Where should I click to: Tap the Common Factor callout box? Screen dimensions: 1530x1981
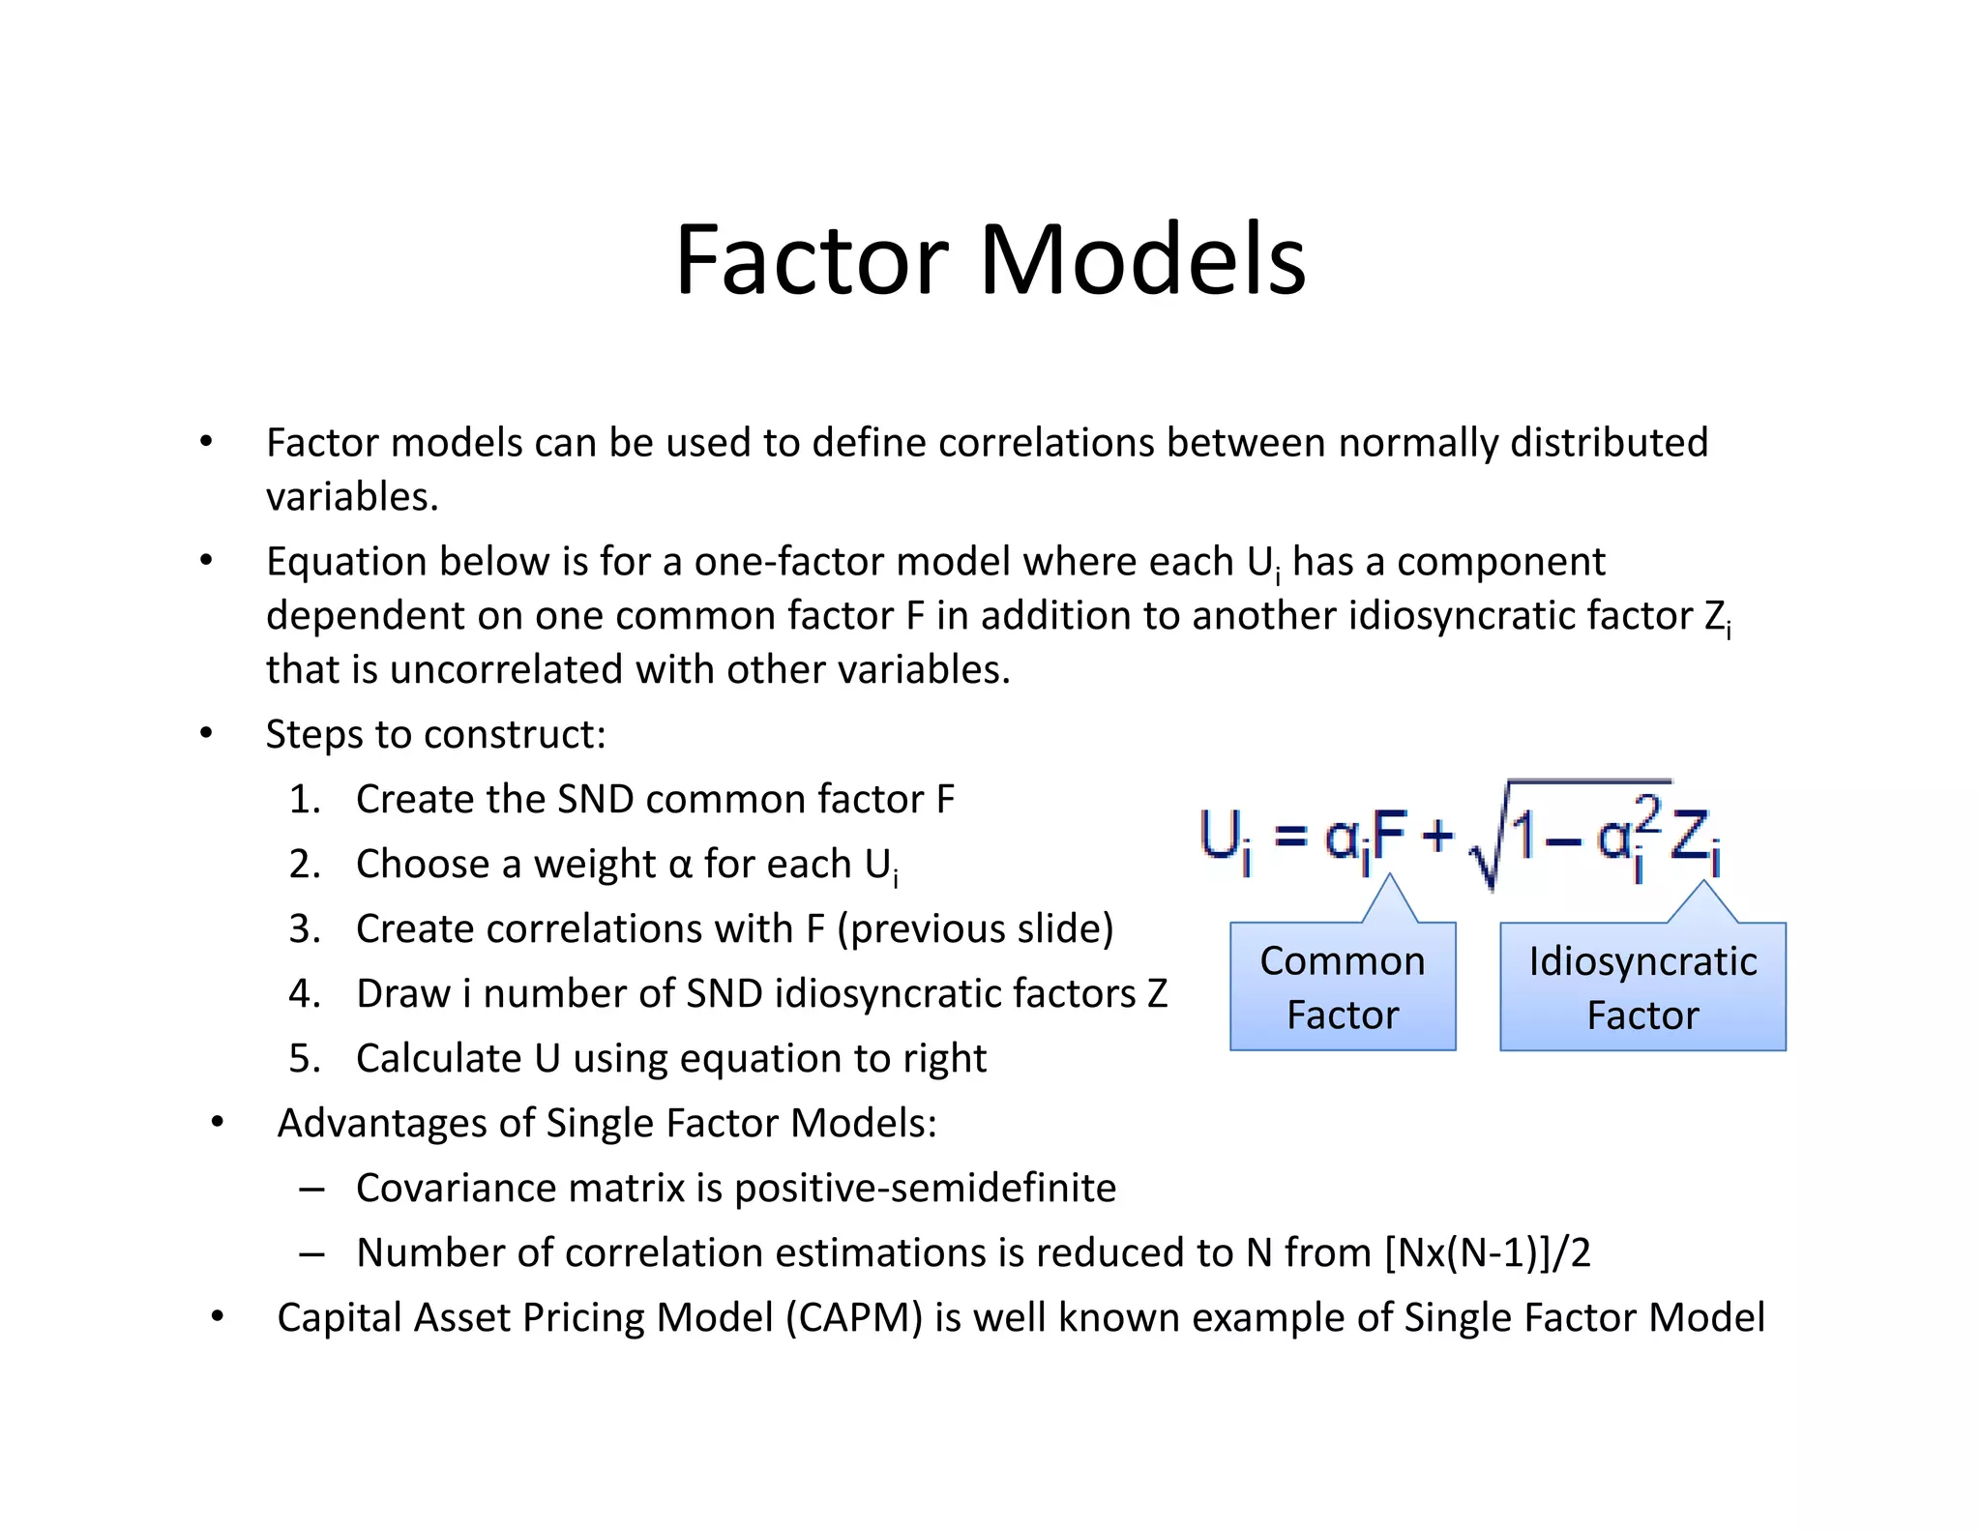point(1342,986)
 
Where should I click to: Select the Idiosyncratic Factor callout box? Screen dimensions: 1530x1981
point(1642,986)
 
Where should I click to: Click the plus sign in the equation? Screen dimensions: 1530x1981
point(1437,834)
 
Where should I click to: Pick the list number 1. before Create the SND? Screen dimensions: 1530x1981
point(305,800)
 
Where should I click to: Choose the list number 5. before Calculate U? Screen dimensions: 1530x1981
point(305,1059)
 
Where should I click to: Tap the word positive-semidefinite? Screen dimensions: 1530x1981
point(926,1189)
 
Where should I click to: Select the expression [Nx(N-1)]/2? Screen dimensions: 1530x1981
point(1488,1253)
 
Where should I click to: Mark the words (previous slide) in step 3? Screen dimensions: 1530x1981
point(975,929)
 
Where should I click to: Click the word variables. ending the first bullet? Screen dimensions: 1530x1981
point(352,497)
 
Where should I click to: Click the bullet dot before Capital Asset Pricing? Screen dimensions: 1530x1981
point(218,1316)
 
